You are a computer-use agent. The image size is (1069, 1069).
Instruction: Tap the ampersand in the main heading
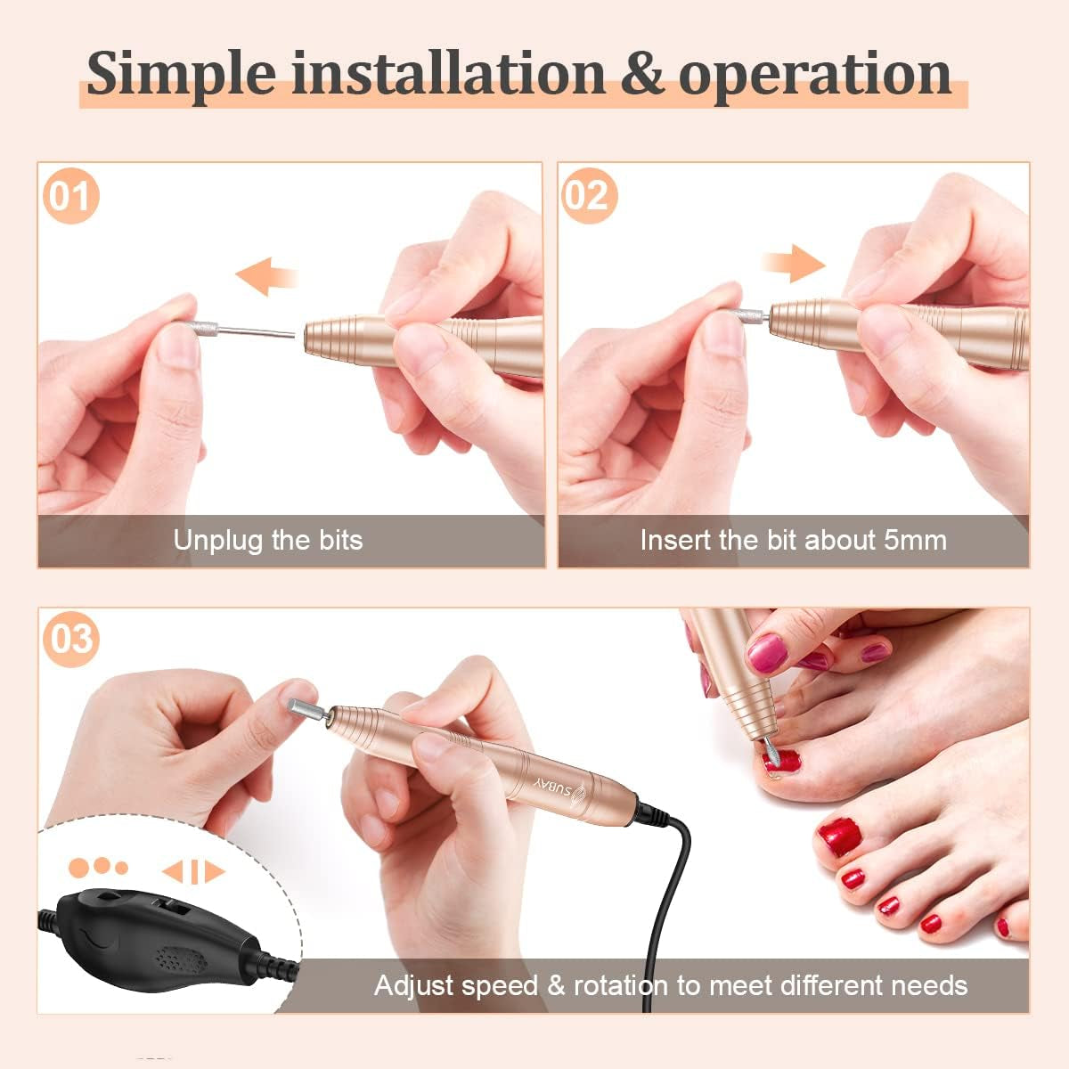click(641, 72)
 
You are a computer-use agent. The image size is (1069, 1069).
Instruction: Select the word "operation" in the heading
click(815, 77)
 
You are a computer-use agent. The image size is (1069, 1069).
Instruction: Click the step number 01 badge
click(70, 196)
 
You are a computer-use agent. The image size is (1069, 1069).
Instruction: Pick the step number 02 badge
click(590, 196)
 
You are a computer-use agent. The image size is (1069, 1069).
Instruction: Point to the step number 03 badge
click(71, 640)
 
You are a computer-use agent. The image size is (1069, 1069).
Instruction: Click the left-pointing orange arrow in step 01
click(267, 276)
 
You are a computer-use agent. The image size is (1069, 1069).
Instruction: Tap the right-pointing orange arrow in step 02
click(795, 263)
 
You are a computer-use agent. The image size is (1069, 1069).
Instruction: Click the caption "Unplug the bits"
click(268, 541)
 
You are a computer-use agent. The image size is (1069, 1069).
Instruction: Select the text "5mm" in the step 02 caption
click(916, 540)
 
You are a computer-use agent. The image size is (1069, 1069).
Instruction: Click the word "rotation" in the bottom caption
click(621, 986)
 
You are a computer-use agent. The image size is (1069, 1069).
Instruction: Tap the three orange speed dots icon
click(98, 867)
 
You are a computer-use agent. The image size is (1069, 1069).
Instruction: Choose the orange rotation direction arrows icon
click(193, 872)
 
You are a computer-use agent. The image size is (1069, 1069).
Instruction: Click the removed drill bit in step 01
click(239, 330)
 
